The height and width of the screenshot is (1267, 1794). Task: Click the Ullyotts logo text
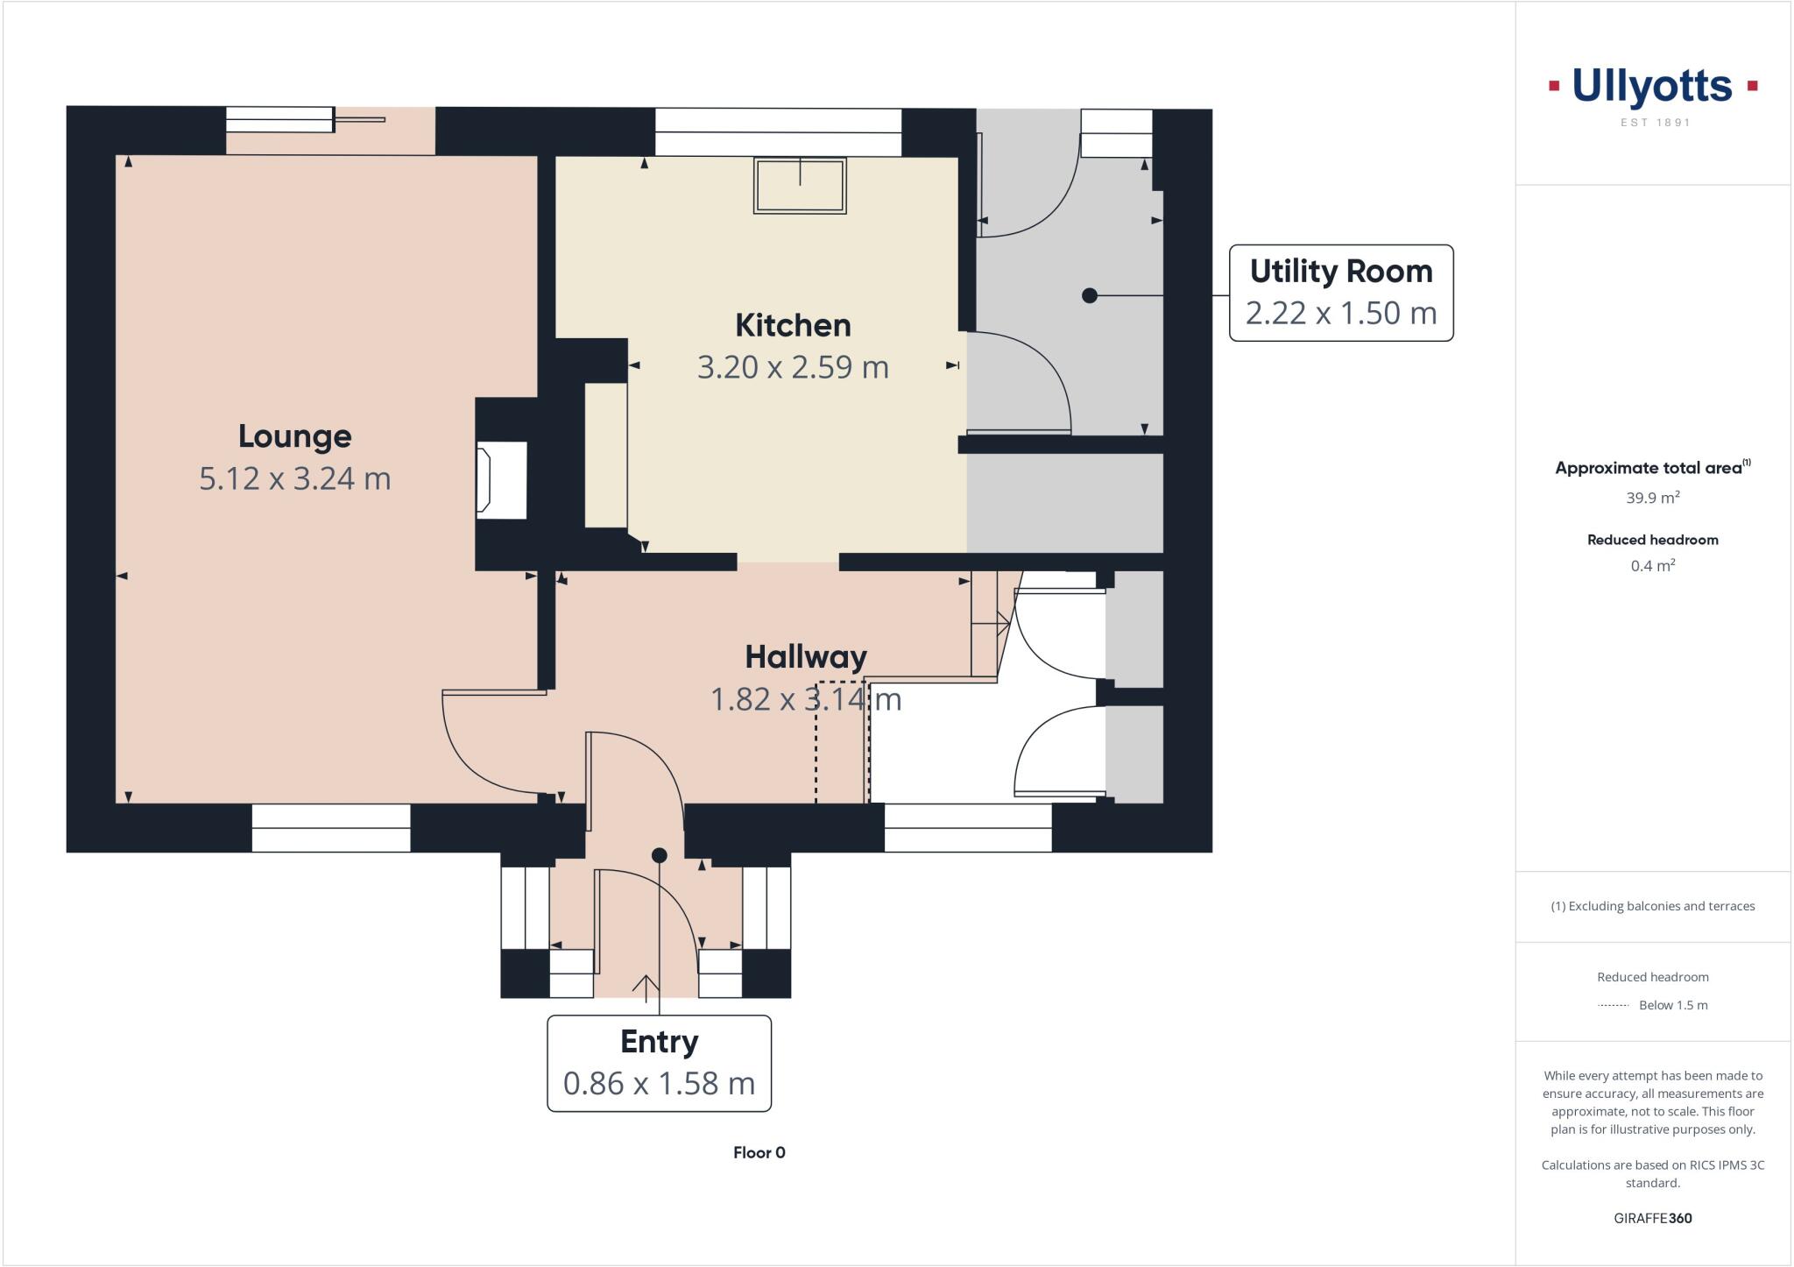coord(1652,87)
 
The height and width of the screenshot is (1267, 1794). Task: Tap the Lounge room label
coord(295,436)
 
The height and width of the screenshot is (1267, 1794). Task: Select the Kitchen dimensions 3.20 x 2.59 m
coord(793,367)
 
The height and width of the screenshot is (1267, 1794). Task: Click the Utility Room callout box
coord(1340,293)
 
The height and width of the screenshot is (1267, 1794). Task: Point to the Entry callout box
coord(659,1063)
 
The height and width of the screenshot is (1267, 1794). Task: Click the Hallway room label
coord(805,656)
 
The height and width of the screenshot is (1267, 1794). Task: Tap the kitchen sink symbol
coord(800,185)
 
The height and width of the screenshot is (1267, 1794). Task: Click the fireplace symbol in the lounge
coord(501,479)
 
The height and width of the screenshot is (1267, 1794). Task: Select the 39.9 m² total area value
coord(1652,498)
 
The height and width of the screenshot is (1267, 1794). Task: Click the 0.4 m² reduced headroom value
coord(1652,566)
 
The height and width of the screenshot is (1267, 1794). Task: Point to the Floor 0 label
coord(759,1152)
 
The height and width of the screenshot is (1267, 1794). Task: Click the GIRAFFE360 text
coord(1652,1218)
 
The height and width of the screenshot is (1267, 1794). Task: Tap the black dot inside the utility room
coord(1089,296)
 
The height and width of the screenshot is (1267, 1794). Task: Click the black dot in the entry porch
coord(660,855)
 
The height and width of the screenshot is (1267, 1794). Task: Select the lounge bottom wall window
coord(331,828)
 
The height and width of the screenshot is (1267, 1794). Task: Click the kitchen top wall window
coord(778,132)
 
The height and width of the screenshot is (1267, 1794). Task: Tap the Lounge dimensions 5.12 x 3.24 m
coord(295,478)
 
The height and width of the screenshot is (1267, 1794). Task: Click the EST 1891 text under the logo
coord(1654,123)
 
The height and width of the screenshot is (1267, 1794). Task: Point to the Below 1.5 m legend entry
coord(1672,1005)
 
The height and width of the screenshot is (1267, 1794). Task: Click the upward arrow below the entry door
coord(646,987)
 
